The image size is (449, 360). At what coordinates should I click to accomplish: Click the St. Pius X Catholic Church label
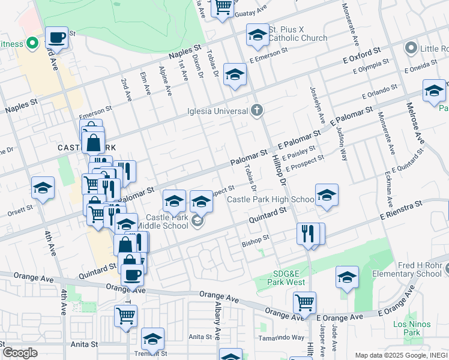coord(298,34)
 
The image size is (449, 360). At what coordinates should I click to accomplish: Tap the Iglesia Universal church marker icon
coord(257,110)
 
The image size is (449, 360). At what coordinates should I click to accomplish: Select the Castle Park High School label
coord(270,199)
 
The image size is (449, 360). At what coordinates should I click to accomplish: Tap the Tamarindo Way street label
coord(282,337)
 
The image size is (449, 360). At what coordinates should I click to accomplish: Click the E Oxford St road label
coord(362,56)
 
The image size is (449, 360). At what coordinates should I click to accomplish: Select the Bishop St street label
coord(255,239)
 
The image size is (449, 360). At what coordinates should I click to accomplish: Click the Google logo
coord(20,352)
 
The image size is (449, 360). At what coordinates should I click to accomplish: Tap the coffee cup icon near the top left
coord(57,37)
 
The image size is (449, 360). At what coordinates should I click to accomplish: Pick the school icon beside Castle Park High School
coord(327,194)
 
